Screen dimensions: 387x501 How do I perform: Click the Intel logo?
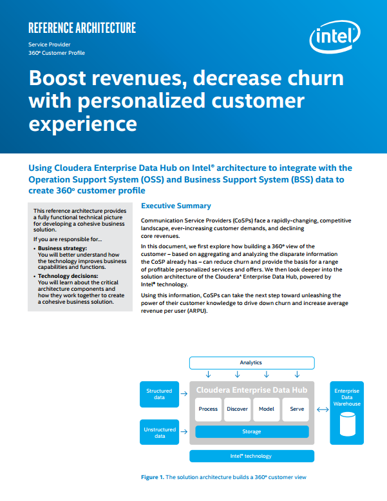[x=335, y=36]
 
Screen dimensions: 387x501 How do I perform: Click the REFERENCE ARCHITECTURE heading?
[x=82, y=28]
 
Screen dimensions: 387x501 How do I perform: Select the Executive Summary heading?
[x=176, y=206]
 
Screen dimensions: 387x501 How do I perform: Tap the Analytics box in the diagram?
[x=252, y=362]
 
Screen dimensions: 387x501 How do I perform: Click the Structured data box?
[x=159, y=394]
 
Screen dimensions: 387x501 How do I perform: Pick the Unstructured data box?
[x=159, y=432]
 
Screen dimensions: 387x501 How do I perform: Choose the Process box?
[x=208, y=409]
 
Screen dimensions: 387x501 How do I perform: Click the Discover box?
[x=237, y=409]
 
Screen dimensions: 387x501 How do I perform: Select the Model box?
[x=267, y=409]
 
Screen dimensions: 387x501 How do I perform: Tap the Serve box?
[x=296, y=409]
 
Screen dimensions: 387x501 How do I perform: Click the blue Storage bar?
[x=252, y=431]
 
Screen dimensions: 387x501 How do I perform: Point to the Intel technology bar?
[x=252, y=456]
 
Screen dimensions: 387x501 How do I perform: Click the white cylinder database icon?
[x=348, y=424]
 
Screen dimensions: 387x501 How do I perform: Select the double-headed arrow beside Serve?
[x=323, y=409]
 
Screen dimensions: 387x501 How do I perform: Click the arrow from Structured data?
[x=184, y=393]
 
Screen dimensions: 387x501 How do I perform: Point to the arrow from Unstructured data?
[x=184, y=431]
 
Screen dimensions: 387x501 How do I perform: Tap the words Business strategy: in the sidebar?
[x=62, y=248]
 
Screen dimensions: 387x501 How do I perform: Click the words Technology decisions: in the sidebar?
[x=68, y=276]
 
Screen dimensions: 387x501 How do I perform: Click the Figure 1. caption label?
[x=153, y=477]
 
